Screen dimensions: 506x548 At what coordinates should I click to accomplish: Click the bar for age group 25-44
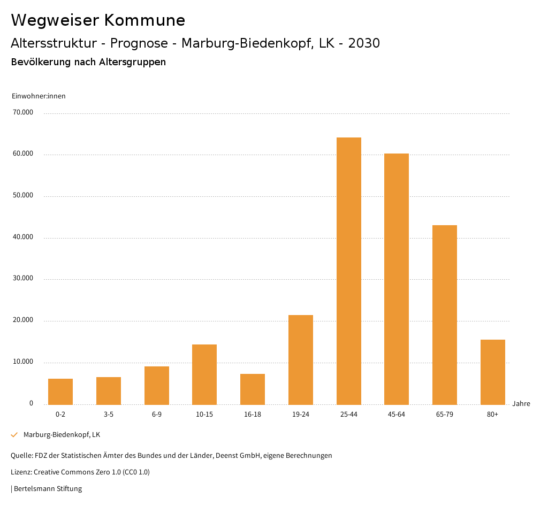coord(348,271)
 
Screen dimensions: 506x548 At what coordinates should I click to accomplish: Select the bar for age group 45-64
coord(397,279)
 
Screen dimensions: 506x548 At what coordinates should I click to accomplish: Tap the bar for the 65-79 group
coord(445,315)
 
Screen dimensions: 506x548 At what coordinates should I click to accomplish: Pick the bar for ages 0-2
coord(60,392)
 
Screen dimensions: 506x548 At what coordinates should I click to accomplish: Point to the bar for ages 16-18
coord(253,389)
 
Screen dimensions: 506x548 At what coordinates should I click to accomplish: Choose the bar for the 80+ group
coord(493,372)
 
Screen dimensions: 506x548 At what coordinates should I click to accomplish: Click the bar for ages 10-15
coord(204,374)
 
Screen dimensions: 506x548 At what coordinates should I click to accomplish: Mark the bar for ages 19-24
coord(301,359)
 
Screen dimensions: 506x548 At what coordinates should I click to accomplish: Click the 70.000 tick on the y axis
coord(23,112)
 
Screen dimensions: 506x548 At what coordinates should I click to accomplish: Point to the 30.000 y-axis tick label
coord(23,279)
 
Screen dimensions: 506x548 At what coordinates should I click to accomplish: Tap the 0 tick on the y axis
coord(31,403)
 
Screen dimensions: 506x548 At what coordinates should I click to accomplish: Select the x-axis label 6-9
coord(157,415)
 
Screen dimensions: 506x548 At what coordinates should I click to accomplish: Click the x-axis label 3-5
coord(109,415)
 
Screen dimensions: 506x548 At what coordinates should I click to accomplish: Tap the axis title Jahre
coord(521,403)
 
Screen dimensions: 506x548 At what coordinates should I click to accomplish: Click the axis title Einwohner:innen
coord(39,96)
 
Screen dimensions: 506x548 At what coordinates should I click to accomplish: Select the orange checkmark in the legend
coord(14,435)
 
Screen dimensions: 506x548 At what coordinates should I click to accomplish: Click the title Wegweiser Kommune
coord(98,20)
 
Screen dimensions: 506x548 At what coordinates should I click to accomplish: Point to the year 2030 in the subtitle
coord(364,43)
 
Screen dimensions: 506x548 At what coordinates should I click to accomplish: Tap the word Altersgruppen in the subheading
coord(132,62)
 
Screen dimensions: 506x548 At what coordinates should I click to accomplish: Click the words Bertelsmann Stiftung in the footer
coord(48,488)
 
